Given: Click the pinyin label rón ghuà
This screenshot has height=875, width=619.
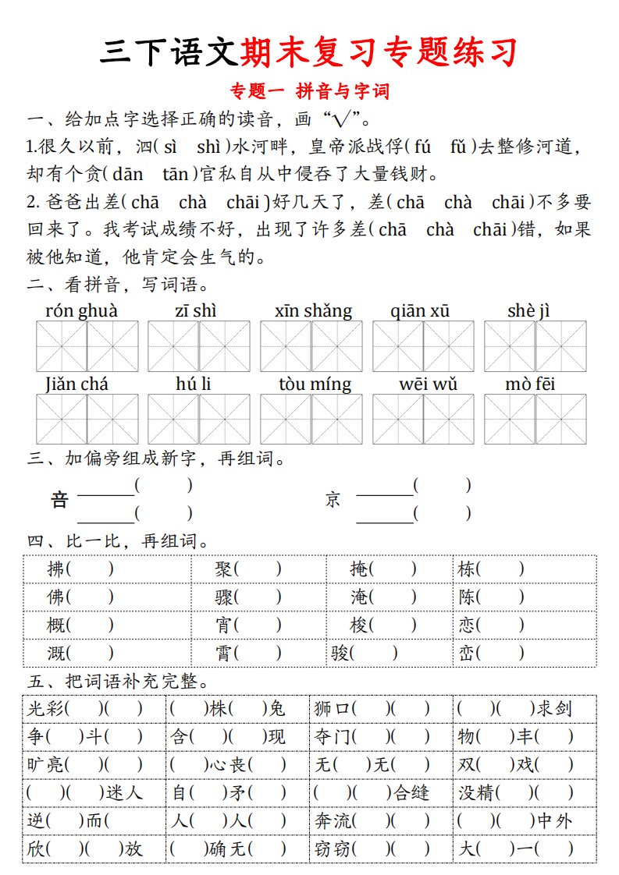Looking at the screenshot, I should [82, 311].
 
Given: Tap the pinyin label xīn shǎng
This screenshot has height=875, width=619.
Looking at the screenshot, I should [313, 311].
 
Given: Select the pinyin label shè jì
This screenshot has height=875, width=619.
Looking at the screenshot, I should [528, 311].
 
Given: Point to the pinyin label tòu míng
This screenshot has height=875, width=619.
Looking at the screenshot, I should [315, 384].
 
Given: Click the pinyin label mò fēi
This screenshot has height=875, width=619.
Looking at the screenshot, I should [530, 384].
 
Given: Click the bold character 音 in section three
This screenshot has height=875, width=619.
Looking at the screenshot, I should [59, 500].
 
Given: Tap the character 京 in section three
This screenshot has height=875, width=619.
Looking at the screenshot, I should [333, 500].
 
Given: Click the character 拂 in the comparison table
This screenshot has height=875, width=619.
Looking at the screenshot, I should [56, 569].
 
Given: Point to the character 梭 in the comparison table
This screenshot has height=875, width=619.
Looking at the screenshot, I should [359, 625].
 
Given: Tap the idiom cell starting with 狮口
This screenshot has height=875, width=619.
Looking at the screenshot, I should [379, 708].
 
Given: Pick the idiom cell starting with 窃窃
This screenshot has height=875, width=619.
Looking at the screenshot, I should [379, 848].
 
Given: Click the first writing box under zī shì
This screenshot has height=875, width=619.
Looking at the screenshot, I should [173, 346].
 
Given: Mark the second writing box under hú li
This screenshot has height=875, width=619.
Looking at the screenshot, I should [224, 419].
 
